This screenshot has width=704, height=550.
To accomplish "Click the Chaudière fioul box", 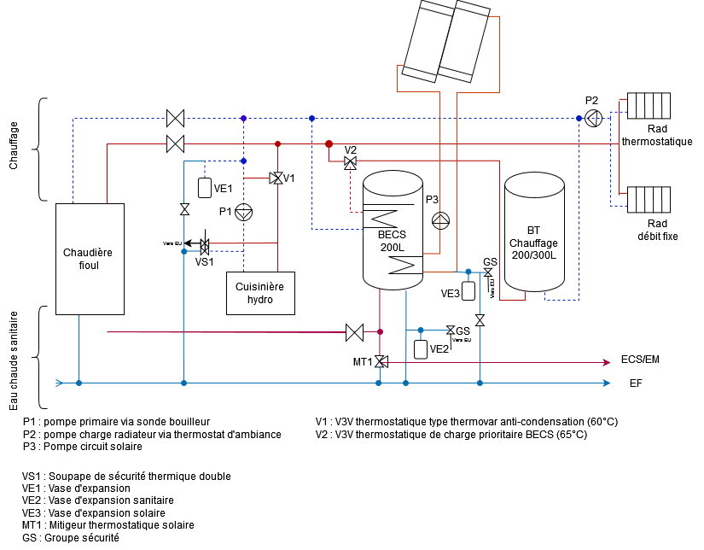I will (90, 259).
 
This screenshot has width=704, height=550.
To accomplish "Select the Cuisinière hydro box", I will (260, 293).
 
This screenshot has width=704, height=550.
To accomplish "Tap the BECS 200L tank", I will (393, 231).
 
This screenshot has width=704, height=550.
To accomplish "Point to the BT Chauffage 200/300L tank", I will (534, 232).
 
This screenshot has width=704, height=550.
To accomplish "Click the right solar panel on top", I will (464, 42).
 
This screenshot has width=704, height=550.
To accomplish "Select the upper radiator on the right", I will (649, 106).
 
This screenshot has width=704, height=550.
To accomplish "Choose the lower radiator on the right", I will (649, 200).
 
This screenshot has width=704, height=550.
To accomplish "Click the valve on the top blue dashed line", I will (175, 118).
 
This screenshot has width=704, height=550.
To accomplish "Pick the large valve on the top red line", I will (175, 143).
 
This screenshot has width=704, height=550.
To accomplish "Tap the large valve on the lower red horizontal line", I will (354, 332).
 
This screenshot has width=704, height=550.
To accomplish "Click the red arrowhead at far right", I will (607, 362).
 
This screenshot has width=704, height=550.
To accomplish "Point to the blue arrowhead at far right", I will (607, 383).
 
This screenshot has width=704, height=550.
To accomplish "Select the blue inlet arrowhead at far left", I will (60, 383).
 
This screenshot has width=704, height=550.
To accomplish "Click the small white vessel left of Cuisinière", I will (205, 188).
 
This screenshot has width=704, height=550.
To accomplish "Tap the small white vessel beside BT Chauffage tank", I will (468, 290).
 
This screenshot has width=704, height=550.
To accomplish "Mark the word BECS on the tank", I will (393, 235).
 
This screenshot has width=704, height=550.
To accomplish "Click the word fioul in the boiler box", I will (89, 266).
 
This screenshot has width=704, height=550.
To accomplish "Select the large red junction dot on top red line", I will (329, 144).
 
